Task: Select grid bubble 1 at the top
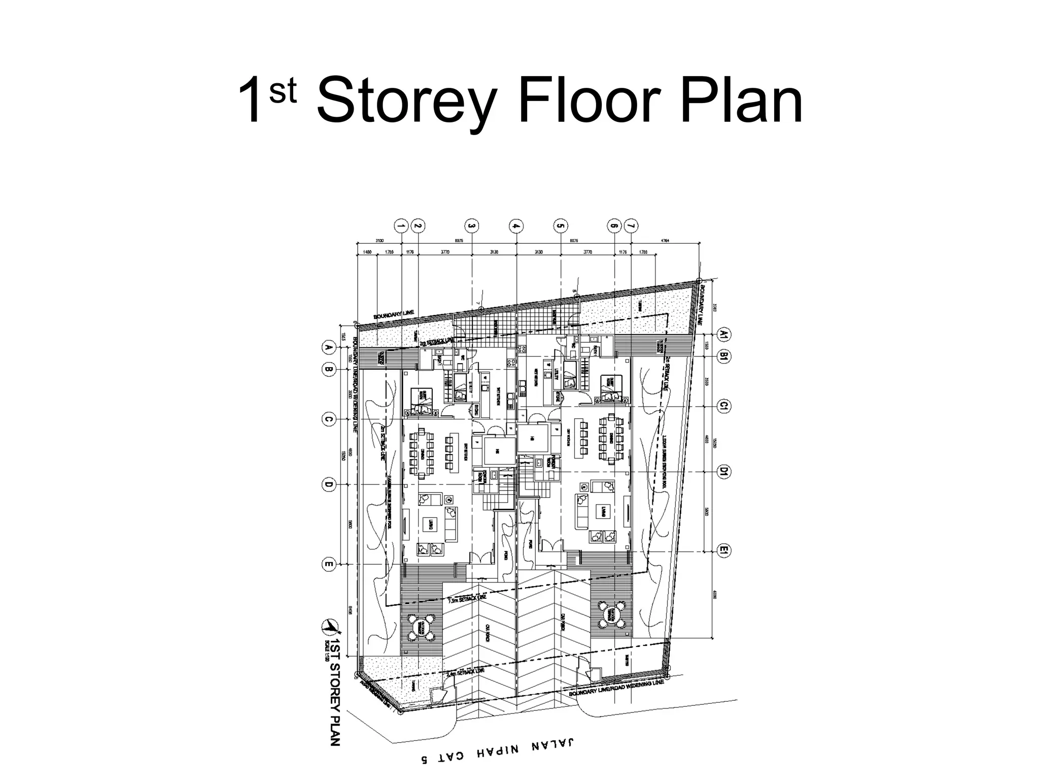point(401,225)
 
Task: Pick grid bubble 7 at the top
point(631,225)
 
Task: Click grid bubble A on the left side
point(328,348)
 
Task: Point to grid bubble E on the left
point(328,564)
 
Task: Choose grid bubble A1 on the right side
point(724,334)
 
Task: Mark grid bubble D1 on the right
point(724,472)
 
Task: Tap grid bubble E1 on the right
point(724,550)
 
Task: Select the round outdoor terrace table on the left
point(421,628)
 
